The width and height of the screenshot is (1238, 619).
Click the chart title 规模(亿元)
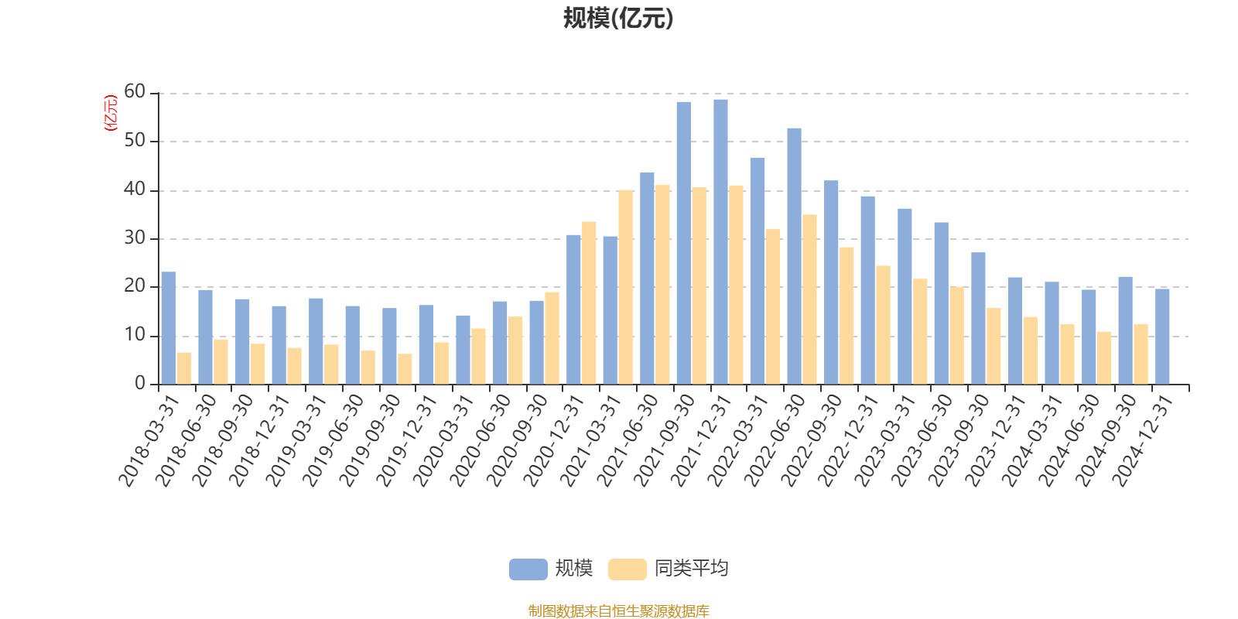(618, 19)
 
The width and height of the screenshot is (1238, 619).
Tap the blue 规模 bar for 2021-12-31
(720, 241)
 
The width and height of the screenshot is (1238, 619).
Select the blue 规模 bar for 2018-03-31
(169, 328)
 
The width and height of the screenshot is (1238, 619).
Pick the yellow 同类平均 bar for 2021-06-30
(662, 284)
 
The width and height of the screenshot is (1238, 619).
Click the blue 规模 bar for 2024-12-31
(1162, 337)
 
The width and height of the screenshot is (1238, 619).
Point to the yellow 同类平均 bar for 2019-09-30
(405, 369)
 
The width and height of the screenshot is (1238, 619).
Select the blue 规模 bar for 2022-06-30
(794, 256)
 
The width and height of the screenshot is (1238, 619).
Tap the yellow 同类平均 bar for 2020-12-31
(589, 303)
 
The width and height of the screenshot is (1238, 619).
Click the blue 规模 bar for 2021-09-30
(683, 243)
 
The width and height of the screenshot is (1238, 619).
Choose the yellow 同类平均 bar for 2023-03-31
(920, 331)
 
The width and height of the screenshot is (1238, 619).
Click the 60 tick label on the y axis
(135, 92)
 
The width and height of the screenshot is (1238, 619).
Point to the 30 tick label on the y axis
(135, 238)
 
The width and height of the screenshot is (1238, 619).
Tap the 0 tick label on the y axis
(139, 384)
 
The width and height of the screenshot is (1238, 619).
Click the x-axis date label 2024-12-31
(1144, 440)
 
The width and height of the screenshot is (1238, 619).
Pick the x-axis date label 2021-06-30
(628, 440)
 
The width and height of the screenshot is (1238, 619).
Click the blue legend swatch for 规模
(528, 569)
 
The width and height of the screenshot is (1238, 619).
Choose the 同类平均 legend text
(691, 569)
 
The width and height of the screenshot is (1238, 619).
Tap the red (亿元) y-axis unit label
(111, 113)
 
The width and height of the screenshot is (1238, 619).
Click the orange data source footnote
(618, 611)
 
